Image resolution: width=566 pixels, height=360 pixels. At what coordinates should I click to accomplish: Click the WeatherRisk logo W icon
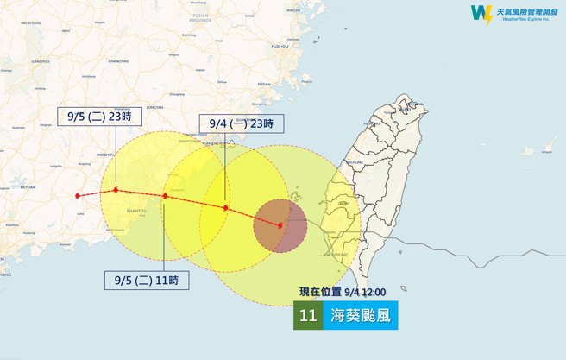[x=480, y=14]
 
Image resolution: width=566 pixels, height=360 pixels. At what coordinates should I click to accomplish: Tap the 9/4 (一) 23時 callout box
[x=241, y=124]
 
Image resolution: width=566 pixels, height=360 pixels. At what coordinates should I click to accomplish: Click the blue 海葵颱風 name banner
[x=362, y=316]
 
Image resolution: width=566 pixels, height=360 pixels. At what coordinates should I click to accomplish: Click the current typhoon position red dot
[x=280, y=225]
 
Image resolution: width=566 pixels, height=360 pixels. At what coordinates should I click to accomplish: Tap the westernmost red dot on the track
[x=78, y=195]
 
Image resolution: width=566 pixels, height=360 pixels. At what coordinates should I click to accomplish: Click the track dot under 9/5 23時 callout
[x=115, y=189]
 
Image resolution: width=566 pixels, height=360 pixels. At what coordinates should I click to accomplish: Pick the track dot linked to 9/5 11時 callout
[x=165, y=196]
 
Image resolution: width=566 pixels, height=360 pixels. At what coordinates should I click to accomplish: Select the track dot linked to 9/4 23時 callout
[x=225, y=207]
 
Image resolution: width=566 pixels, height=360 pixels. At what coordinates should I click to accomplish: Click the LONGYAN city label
[x=155, y=106]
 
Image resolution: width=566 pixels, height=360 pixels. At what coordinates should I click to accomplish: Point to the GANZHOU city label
[x=41, y=62]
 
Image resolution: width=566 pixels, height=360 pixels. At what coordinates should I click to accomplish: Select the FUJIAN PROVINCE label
[x=201, y=41]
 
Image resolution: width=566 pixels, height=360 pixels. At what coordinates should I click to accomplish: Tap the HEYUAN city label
[x=28, y=186]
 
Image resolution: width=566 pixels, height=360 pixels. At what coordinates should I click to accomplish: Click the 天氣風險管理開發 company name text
[x=523, y=10]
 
